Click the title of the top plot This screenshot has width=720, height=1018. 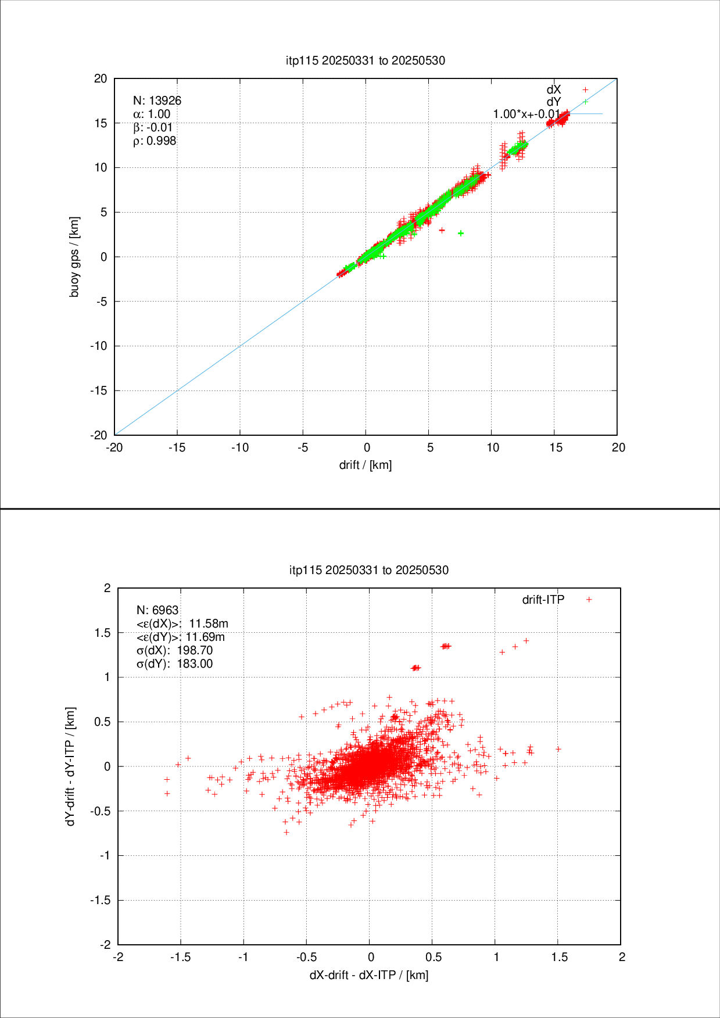(366, 60)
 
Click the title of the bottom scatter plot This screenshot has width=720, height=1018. (369, 570)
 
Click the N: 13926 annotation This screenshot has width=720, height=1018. (157, 101)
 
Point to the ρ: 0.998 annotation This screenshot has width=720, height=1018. (155, 141)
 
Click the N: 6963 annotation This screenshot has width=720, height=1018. (157, 610)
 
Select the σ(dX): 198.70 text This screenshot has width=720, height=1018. (174, 650)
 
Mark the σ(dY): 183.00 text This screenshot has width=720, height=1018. (174, 664)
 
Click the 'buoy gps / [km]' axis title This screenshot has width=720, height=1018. (74, 257)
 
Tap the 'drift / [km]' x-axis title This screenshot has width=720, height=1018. (366, 465)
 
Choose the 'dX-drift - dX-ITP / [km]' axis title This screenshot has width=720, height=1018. (369, 974)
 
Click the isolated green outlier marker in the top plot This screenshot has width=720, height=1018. (461, 233)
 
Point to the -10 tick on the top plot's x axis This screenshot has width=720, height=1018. (240, 447)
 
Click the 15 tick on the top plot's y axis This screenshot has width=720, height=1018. (101, 123)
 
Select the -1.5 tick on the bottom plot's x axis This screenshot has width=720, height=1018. (181, 957)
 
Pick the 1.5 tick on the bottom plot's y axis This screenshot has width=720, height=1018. (103, 633)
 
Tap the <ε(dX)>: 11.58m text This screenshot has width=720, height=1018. (182, 623)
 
